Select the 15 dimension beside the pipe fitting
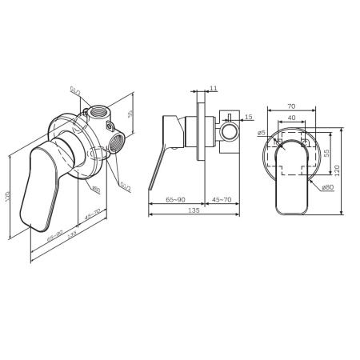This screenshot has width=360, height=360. [x=249, y=118]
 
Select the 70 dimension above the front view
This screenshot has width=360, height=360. [x=293, y=105]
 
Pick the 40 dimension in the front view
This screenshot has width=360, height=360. [x=293, y=118]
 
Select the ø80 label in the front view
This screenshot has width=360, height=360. [x=327, y=187]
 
